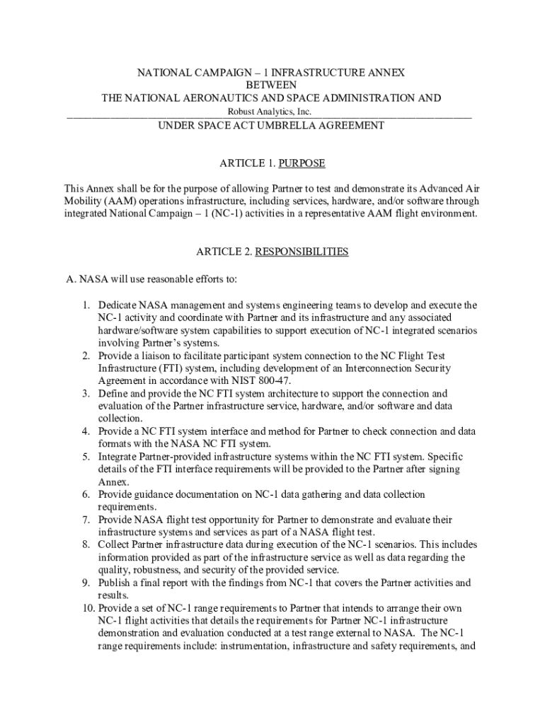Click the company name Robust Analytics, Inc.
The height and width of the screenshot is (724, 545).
pos(269,112)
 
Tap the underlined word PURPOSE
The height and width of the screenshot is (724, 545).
pos(302,163)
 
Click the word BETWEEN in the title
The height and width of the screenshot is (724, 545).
pos(271,85)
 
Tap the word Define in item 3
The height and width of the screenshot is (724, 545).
pos(113,393)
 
